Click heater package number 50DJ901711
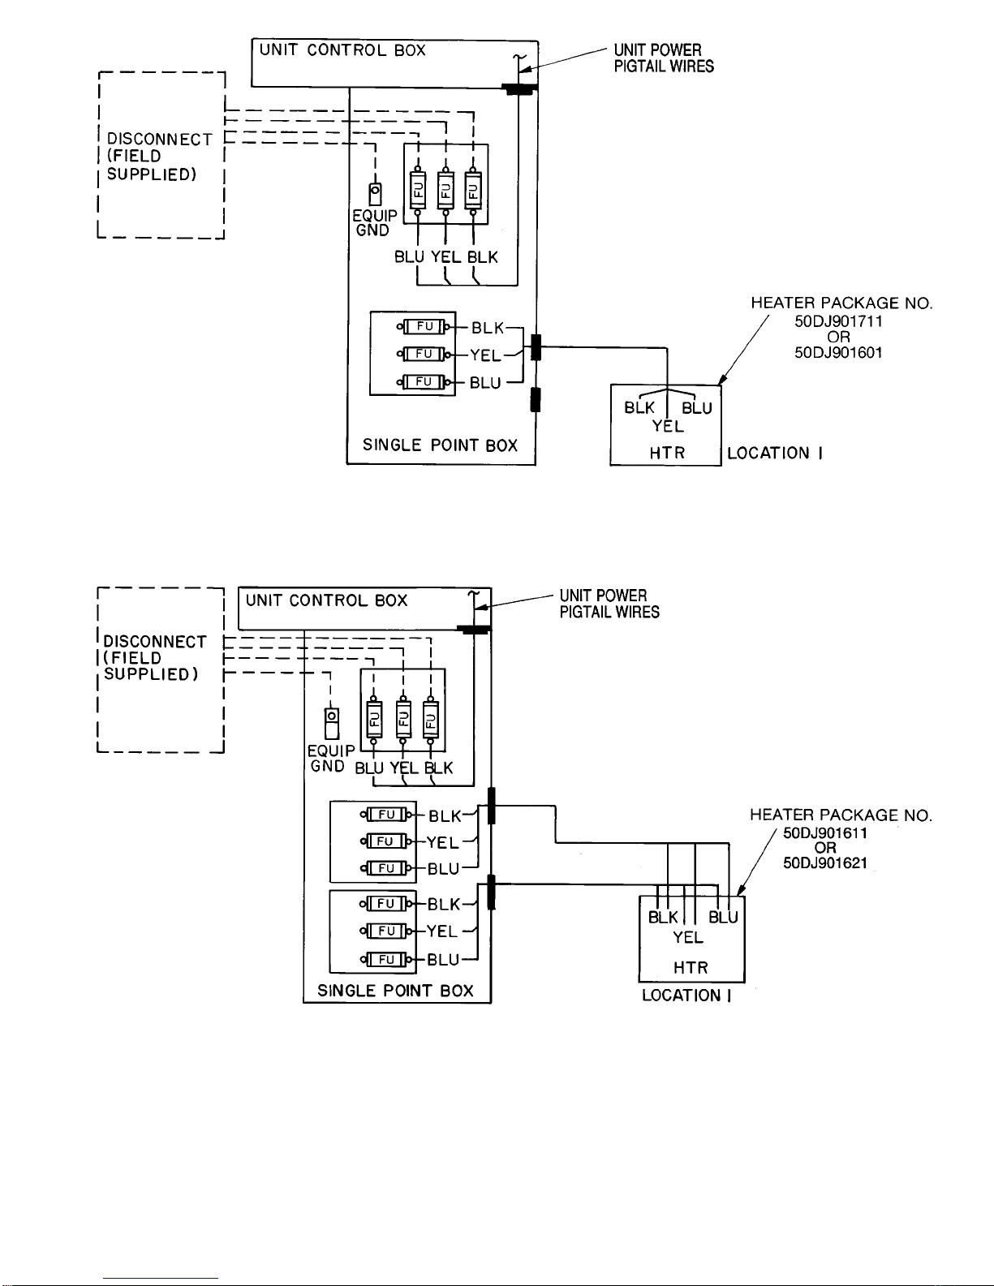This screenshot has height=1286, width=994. point(838,321)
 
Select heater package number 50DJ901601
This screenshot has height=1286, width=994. point(838,353)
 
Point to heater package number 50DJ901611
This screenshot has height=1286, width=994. point(825,833)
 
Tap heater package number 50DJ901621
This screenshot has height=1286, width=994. point(825,863)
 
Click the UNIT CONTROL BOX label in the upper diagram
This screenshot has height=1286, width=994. point(342,50)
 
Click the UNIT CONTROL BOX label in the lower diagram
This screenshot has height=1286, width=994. point(326,601)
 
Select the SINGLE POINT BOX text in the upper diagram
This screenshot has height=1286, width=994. point(440,445)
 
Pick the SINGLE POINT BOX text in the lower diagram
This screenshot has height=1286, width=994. point(395,991)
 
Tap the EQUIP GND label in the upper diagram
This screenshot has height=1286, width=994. point(374,223)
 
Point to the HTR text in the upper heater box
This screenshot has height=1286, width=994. point(667,454)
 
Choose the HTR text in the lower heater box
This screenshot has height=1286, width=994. point(691,968)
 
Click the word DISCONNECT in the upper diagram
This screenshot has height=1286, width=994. point(159,140)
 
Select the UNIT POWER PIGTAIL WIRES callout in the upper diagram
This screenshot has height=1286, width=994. point(663,58)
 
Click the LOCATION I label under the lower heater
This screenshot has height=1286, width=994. point(686,996)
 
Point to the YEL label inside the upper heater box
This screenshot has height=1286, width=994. point(668,427)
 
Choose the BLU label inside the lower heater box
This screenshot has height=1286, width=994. point(723,918)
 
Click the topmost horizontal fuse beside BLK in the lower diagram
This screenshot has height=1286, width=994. point(387,815)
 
